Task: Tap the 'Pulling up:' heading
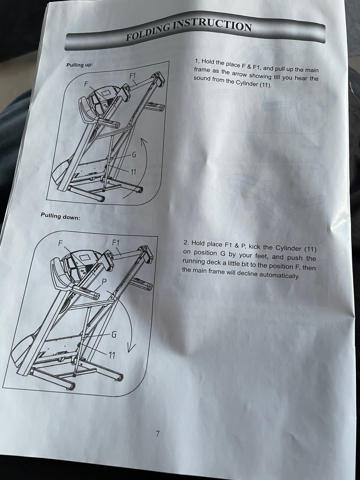[x=80, y=65]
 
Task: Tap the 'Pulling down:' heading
[x=60, y=216]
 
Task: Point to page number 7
[x=157, y=433]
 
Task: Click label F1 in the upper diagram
[x=133, y=76]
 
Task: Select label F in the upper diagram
[x=87, y=84]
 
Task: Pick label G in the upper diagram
[x=134, y=155]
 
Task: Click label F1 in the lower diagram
[x=115, y=243]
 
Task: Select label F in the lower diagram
[x=60, y=243]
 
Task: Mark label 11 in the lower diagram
[x=112, y=356]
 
